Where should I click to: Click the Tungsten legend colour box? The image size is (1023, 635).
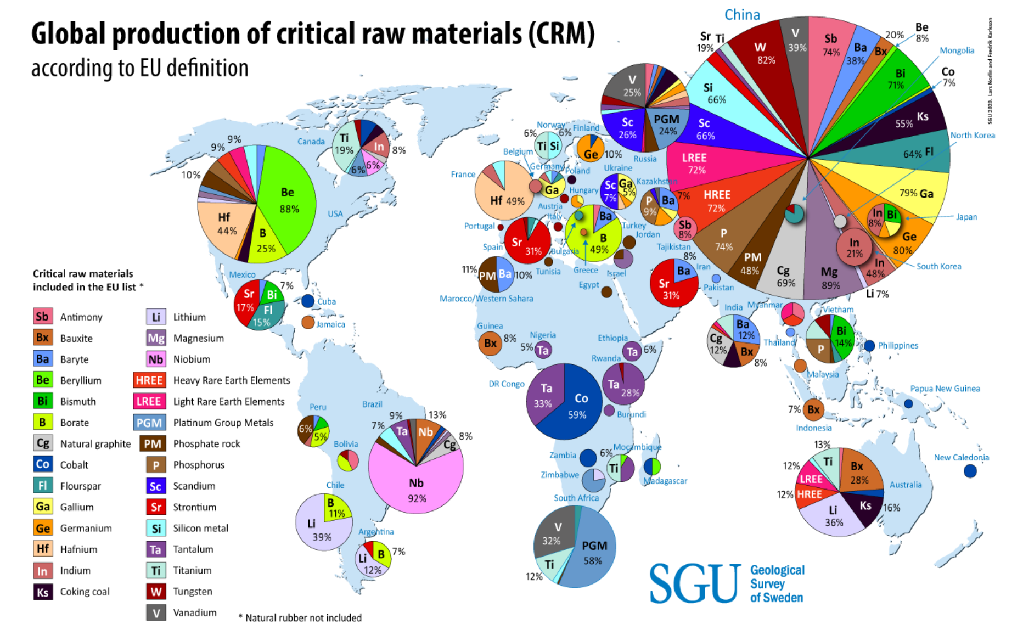(156, 592)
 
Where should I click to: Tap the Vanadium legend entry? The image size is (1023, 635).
(194, 612)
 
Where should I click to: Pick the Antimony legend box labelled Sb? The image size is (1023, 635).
(42, 317)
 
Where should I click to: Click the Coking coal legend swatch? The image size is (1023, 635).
(42, 592)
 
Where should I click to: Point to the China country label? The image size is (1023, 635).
(742, 15)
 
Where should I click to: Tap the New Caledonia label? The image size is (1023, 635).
(961, 457)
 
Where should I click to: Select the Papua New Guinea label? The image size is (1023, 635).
(945, 389)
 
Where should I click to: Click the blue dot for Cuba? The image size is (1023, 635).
(308, 301)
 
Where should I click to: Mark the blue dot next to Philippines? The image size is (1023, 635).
(869, 346)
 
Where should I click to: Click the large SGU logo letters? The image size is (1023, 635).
(695, 583)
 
